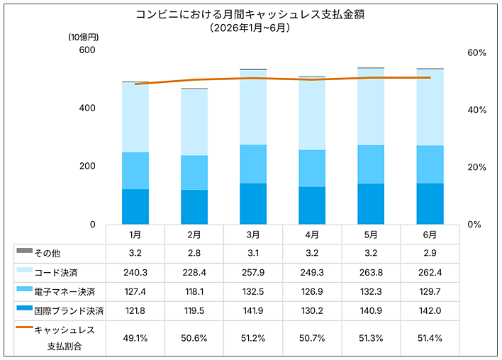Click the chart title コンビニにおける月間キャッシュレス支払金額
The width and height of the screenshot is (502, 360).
pos(250,14)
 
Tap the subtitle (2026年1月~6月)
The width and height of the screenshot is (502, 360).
pos(250,28)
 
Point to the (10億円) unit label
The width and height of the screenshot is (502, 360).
pos(84,38)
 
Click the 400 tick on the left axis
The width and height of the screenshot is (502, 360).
pos(87,108)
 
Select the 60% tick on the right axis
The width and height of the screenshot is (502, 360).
pos(476,52)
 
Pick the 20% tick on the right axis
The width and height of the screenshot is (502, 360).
pos(476,167)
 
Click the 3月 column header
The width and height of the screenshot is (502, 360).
pos(253,235)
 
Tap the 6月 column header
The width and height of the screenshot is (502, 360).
pos(430,235)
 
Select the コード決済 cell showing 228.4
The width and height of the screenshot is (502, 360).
pos(194,273)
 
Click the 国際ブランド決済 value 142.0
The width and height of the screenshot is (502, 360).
pos(430,310)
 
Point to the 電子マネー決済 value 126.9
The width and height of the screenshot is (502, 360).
pos(312,292)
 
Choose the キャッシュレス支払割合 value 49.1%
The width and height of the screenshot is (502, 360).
pos(135,338)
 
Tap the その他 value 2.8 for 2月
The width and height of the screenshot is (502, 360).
pos(194,253)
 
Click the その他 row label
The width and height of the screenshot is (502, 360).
pos(48,254)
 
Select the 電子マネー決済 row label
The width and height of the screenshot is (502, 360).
pos(65,292)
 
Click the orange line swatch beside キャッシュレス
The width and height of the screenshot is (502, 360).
pos(25,327)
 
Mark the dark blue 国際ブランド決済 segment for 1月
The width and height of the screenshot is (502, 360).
pos(135,207)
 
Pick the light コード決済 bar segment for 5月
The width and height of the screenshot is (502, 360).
pos(371,107)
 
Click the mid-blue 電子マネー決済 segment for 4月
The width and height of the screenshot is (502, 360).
pos(312,169)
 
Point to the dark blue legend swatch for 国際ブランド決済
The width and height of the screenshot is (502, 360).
pos(25,308)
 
